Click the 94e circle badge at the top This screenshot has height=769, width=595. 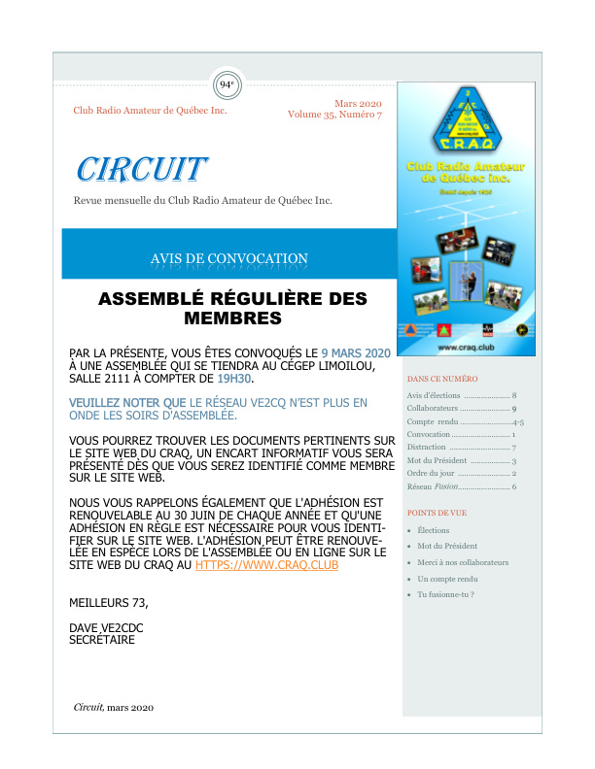227,84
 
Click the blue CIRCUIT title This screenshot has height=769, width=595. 142,169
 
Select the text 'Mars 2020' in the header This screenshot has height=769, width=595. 358,103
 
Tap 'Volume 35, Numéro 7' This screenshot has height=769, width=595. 334,115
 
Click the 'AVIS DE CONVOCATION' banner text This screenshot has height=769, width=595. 229,258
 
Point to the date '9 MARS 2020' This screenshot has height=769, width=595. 356,351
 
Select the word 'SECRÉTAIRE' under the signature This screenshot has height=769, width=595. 102,640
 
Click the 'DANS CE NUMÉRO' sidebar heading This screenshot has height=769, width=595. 442,378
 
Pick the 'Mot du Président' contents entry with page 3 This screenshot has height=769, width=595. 462,460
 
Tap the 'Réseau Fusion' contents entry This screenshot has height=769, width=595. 462,485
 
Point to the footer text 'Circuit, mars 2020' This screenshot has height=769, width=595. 114,707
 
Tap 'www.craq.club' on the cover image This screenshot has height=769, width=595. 462,347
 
